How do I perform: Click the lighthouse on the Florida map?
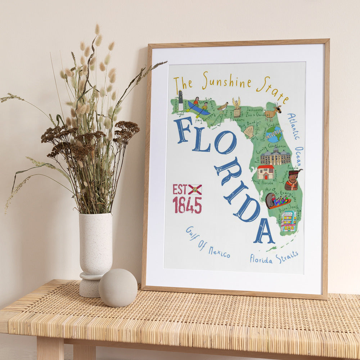[181, 101]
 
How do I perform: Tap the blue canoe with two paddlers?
[198, 108]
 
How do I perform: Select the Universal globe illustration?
[274, 134]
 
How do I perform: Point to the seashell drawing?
[249, 132]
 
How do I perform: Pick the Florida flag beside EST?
[195, 190]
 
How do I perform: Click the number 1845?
[187, 205]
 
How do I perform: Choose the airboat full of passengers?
[277, 201]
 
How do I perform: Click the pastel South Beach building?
[288, 221]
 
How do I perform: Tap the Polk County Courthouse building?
[275, 156]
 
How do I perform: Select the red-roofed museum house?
[266, 172]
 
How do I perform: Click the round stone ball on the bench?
[118, 288]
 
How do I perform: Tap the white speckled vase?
[95, 245]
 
